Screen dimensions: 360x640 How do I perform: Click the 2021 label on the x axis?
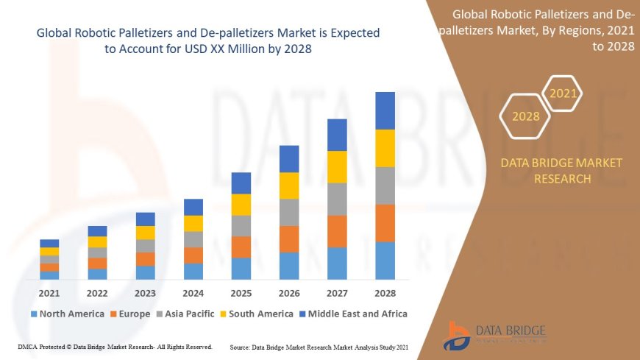click(x=49, y=293)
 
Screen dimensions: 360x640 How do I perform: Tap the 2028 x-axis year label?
click(x=385, y=293)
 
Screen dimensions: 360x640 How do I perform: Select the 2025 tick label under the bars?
click(x=241, y=293)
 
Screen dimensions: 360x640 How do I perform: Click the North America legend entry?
click(x=68, y=314)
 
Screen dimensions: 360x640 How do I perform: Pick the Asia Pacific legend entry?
click(x=187, y=314)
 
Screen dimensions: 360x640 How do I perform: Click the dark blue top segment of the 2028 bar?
click(x=385, y=110)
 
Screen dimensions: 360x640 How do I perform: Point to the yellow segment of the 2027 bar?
click(x=337, y=166)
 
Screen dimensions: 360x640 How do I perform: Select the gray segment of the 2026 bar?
click(x=289, y=212)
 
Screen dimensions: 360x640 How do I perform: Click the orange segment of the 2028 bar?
click(x=385, y=223)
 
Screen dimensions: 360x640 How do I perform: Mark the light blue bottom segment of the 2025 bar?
click(x=241, y=268)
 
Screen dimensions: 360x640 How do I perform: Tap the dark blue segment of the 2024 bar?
click(x=193, y=207)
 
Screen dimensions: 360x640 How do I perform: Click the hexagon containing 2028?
click(x=525, y=116)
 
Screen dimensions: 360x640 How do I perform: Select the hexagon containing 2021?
click(x=563, y=93)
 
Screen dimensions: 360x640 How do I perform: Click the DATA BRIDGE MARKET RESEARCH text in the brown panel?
click(x=561, y=170)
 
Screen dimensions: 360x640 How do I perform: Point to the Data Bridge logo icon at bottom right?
click(x=458, y=335)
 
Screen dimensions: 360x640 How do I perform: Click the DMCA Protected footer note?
click(x=115, y=346)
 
